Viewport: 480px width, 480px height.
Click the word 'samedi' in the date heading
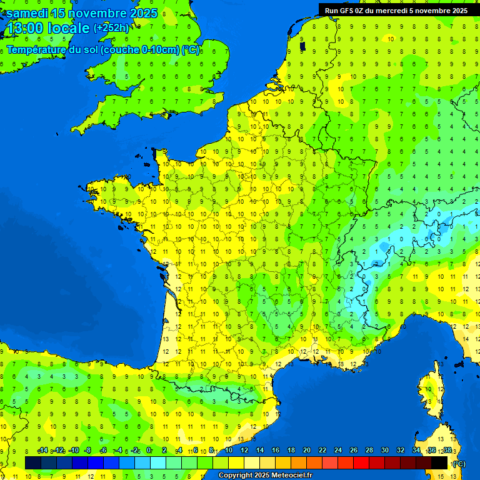tap(27, 14)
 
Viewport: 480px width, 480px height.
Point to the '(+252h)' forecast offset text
tap(111, 28)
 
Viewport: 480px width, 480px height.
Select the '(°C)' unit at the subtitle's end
tap(191, 50)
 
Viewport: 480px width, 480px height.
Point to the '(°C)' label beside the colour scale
tap(459, 463)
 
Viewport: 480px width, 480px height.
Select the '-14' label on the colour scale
tap(43, 451)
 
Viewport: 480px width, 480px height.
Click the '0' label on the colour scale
tap(149, 451)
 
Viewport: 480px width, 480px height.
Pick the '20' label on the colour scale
tap(306, 451)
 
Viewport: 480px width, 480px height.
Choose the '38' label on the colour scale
tap(447, 451)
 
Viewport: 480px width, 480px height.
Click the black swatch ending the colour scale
tap(439, 462)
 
